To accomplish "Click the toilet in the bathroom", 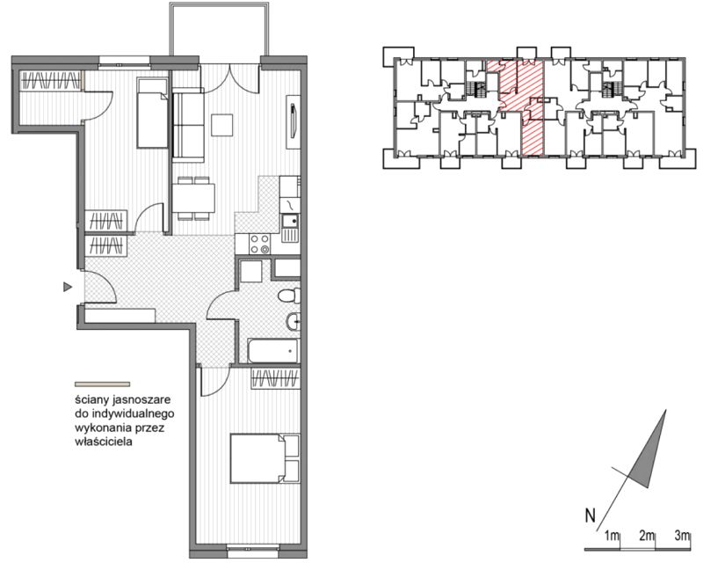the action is click(x=289, y=296).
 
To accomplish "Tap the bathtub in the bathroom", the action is click(x=272, y=351).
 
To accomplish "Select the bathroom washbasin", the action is click(x=294, y=320).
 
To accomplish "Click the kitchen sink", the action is click(x=290, y=228).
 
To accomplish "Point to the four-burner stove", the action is click(x=259, y=244).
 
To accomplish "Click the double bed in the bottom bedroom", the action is click(x=265, y=459).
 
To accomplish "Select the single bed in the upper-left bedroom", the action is click(x=152, y=113).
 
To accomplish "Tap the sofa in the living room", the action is click(x=188, y=127).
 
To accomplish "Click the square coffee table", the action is click(x=222, y=125).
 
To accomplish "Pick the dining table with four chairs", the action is click(x=193, y=198).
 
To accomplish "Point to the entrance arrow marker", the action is click(x=68, y=288).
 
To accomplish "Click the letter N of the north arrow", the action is click(x=590, y=515).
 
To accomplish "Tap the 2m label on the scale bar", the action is click(x=647, y=536).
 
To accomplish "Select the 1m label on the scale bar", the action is click(x=612, y=536).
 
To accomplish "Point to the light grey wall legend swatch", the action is click(x=102, y=384).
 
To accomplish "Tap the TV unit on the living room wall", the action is click(x=294, y=122).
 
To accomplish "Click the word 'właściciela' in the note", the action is click(x=104, y=442).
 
